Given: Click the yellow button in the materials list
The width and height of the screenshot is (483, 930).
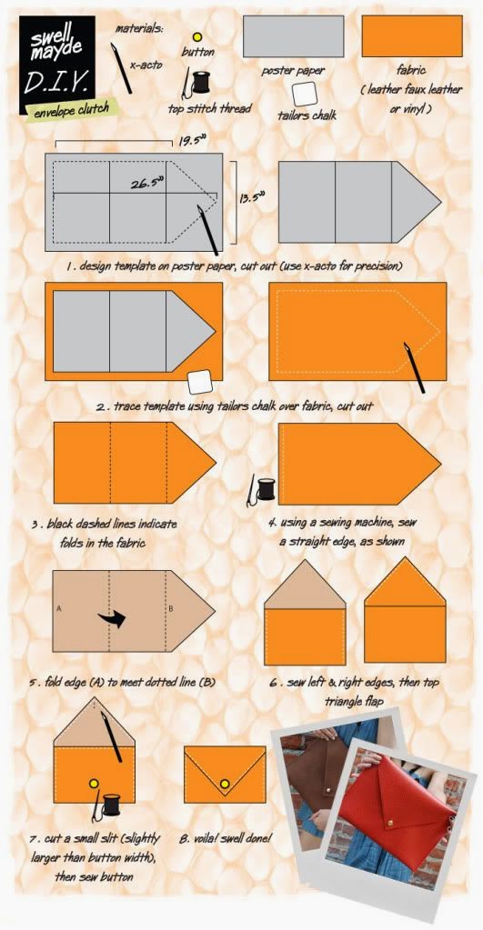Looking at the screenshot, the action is click(x=197, y=37).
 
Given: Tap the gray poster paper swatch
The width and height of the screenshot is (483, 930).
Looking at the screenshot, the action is click(x=293, y=36).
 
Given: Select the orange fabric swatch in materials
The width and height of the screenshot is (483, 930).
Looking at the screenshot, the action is click(x=412, y=36).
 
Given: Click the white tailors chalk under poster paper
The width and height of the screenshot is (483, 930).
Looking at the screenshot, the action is click(x=305, y=94).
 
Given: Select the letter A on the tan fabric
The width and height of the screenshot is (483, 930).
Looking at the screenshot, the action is click(x=59, y=608).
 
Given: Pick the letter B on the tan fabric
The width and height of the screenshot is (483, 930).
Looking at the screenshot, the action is click(x=170, y=608).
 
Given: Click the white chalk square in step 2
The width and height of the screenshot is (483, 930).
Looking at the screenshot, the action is click(x=199, y=382).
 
